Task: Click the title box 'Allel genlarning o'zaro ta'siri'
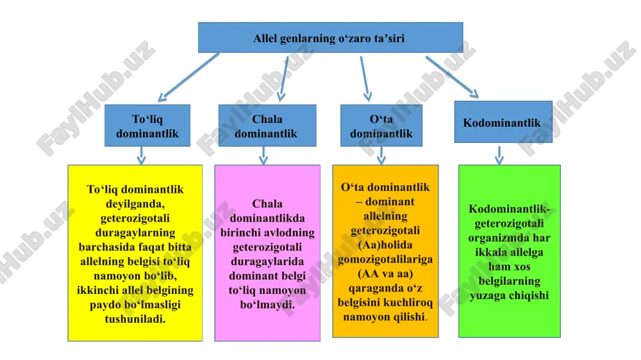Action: point(330,38)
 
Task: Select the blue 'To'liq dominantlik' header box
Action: point(147,126)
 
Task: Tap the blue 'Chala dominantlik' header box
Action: point(267,126)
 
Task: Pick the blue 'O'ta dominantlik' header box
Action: point(381,126)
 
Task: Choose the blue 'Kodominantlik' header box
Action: point(503,122)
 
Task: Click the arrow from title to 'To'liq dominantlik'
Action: point(188,78)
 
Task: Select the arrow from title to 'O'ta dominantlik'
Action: point(366,79)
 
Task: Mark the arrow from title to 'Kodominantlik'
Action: point(452,78)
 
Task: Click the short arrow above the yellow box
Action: point(142,155)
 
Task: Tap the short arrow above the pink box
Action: point(263,155)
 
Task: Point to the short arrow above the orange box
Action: point(381,155)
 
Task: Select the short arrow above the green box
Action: point(499,155)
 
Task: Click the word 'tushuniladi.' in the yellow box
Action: point(135,319)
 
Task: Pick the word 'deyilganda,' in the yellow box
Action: point(135,204)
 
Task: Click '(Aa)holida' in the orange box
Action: point(385,245)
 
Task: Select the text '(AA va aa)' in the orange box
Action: point(385,274)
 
